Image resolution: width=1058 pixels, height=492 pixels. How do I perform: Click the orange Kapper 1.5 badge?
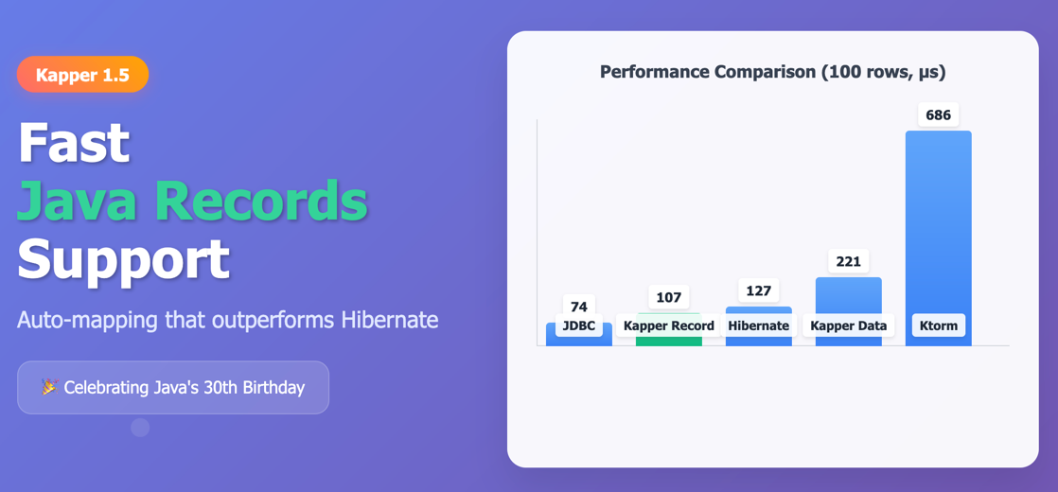[x=82, y=75]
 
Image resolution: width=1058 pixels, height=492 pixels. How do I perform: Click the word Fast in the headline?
[x=74, y=142]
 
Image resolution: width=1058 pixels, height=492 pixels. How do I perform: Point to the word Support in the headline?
[x=123, y=258]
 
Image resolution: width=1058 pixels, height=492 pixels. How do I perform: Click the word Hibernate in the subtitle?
[x=391, y=320]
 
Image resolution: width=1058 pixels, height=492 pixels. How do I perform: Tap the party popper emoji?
[x=49, y=387]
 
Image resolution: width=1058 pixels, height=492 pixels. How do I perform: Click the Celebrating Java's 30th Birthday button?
[x=173, y=387]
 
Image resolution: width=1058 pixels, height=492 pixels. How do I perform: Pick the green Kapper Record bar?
[x=668, y=340]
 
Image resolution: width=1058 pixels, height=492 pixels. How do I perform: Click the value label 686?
[x=938, y=115]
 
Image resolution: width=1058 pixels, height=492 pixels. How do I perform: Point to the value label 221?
[x=848, y=261]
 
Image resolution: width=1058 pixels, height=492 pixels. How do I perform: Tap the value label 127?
[x=758, y=290]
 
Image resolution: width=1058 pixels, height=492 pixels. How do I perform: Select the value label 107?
[x=668, y=297]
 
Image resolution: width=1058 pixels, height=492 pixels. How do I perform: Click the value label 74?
[x=578, y=307]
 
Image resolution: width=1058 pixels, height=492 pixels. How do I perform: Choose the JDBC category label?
[x=578, y=325]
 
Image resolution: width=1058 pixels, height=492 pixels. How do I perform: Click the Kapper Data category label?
[x=848, y=325]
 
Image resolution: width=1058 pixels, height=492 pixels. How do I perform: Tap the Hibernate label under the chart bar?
[x=758, y=325]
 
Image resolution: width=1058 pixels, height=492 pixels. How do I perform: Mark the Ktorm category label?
[x=938, y=325]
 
